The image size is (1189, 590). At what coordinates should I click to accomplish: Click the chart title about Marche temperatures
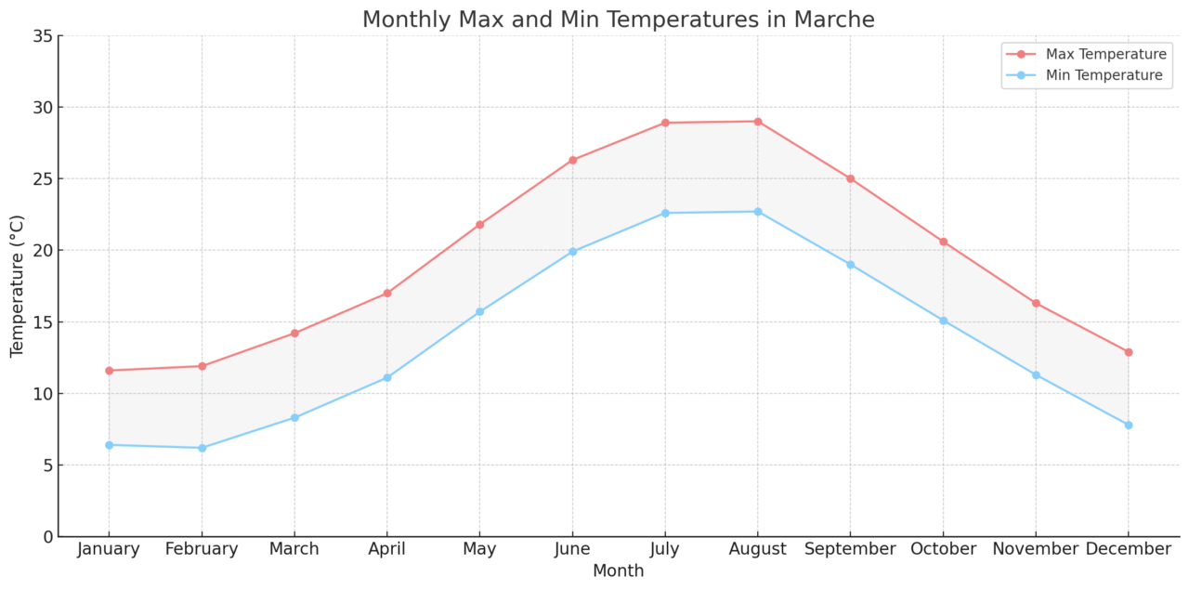click(618, 20)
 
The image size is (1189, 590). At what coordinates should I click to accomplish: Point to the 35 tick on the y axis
click(41, 36)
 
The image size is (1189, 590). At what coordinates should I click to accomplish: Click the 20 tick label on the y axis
click(41, 251)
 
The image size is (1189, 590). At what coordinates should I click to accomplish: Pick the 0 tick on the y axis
click(46, 537)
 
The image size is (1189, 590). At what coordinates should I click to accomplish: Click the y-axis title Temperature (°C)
click(18, 286)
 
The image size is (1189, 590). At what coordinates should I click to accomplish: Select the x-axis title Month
click(618, 571)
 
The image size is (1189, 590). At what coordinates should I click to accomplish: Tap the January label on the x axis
click(109, 550)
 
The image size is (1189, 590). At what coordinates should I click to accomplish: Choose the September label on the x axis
click(850, 550)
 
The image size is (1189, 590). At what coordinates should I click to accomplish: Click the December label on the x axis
click(1128, 550)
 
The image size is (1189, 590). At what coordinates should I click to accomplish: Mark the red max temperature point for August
click(758, 122)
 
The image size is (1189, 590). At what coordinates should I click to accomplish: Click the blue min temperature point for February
click(202, 448)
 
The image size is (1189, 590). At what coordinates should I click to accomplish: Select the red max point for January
click(109, 371)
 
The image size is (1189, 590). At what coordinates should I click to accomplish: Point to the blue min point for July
click(665, 213)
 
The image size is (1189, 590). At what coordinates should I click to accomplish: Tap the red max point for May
click(479, 225)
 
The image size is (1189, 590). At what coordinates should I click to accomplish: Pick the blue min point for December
click(1129, 425)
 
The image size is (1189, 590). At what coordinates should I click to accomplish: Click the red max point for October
click(943, 242)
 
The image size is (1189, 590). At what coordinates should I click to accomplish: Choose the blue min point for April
click(387, 377)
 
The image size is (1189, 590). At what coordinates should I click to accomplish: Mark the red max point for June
click(572, 160)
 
